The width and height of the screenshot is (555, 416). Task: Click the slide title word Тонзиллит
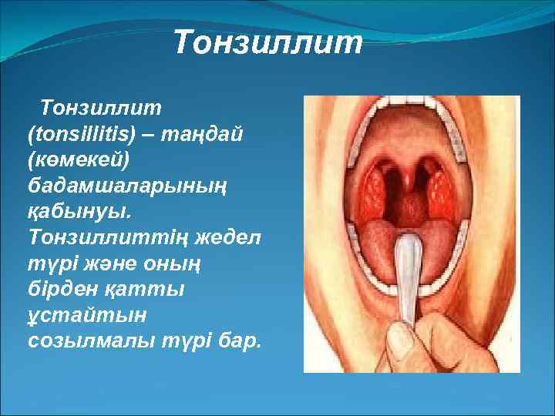(x=267, y=43)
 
